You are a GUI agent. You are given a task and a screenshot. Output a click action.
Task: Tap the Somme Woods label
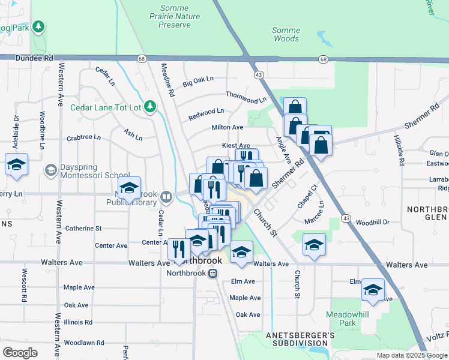[x=286, y=34]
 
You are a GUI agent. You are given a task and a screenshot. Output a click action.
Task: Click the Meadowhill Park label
[x=346, y=319]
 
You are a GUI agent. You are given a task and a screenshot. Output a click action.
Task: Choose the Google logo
[x=20, y=353]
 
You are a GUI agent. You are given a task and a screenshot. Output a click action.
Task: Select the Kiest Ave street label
[x=236, y=145]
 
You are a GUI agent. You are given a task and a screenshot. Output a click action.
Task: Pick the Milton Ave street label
[x=227, y=127]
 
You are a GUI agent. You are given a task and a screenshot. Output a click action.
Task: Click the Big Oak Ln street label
[x=198, y=80]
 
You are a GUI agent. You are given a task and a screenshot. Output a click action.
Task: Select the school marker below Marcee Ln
[x=314, y=244]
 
